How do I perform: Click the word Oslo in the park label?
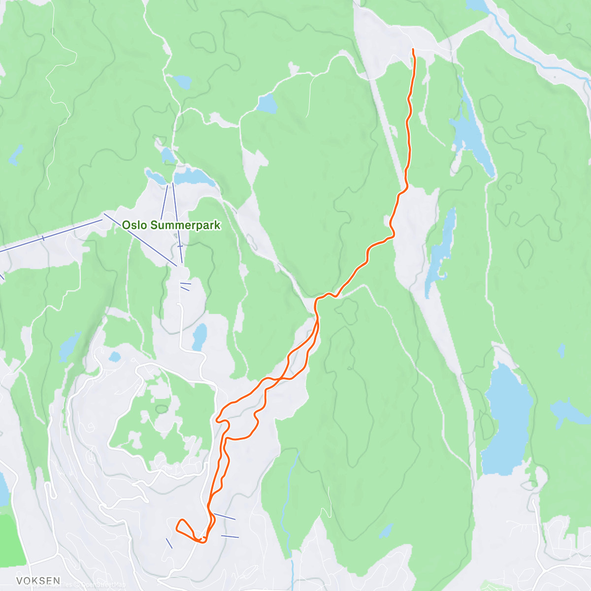tap(134, 225)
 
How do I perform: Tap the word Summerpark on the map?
tap(185, 225)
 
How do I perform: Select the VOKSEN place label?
tap(38, 581)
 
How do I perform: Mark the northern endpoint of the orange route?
tap(413, 50)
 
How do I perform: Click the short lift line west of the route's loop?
tap(169, 543)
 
